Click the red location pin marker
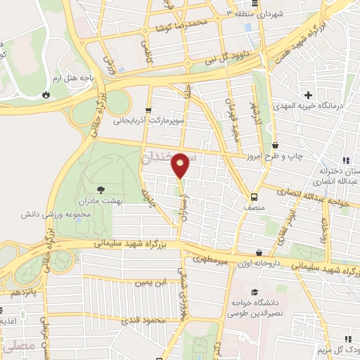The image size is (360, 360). point(181,165)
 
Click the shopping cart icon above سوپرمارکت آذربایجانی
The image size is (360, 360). point(148,110)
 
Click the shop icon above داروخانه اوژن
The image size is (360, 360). point(259,252)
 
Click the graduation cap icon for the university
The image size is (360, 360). point(254,292)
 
